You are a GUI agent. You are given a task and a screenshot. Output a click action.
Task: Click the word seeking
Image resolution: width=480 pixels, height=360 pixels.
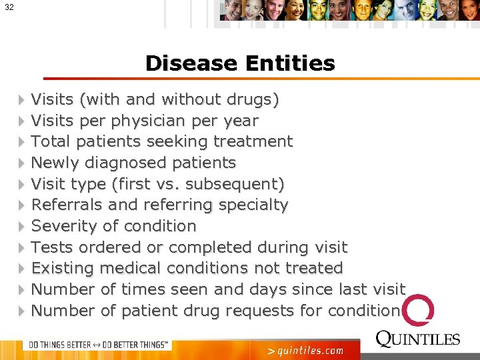pyautogui.click(x=177, y=142)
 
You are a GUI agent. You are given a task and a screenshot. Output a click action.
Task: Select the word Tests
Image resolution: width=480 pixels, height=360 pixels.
pyautogui.click(x=53, y=247)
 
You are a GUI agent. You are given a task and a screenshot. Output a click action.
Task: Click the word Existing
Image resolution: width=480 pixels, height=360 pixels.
pyautogui.click(x=62, y=269)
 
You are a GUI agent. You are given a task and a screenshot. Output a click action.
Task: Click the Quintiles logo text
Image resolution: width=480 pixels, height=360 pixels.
pyautogui.click(x=418, y=339)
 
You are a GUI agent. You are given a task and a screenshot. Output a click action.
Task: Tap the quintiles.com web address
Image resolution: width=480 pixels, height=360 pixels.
pyautogui.click(x=305, y=350)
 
